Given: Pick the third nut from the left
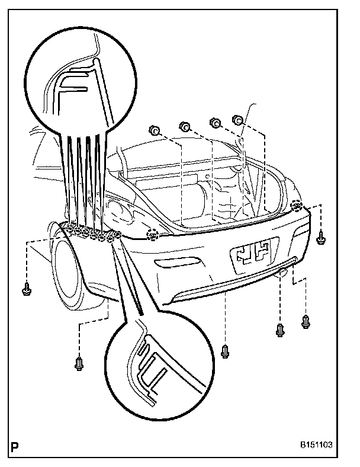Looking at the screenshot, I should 215,123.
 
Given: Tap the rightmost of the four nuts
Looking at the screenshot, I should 237,120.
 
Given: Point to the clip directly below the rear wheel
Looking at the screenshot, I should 80,363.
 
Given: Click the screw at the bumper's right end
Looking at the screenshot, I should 322,236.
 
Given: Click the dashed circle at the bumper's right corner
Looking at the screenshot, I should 297,207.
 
